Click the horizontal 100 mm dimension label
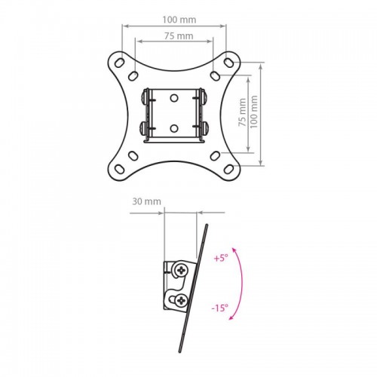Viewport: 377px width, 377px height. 179,20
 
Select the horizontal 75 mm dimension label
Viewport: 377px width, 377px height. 179,36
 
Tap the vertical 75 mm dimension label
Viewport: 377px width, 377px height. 242,112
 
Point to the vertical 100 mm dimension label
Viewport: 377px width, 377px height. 253,112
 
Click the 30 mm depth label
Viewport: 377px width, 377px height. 146,201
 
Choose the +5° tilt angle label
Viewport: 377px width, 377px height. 221,258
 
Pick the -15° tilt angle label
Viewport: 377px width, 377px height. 219,308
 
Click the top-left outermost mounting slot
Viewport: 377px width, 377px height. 119,63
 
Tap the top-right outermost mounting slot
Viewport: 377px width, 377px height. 228,63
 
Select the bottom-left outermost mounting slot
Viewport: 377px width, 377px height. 119,169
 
